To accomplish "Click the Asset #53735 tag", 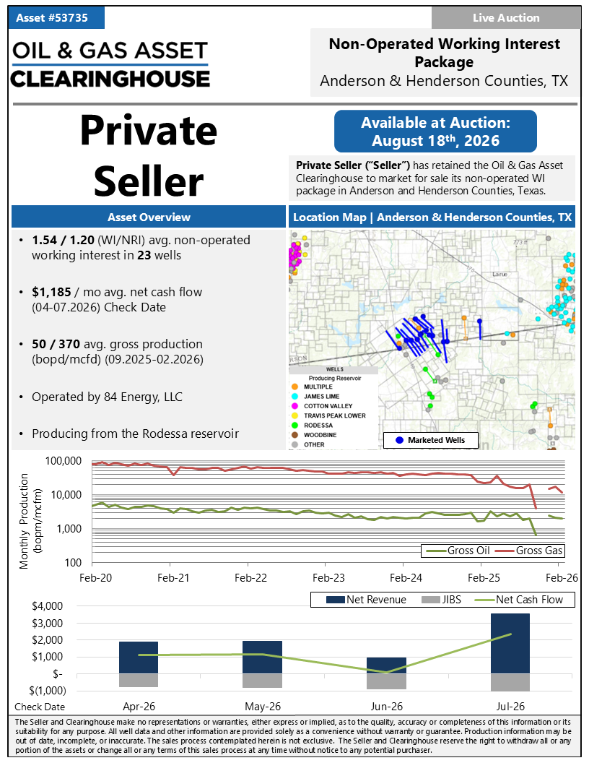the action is (56, 18).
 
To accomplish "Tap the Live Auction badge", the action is (506, 18).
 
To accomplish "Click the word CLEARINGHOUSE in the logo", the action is (110, 79).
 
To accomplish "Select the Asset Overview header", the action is (149, 217).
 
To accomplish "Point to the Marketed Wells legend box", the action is (431, 440).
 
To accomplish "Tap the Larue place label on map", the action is (499, 275).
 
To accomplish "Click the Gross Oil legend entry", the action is (458, 551).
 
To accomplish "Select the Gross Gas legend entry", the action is (529, 551).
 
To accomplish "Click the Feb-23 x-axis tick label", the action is (328, 578).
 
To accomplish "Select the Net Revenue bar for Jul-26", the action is (510, 644).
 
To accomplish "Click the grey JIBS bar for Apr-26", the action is (139, 681).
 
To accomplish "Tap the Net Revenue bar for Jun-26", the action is (386, 665).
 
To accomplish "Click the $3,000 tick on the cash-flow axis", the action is (47, 624).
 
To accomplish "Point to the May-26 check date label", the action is (263, 707).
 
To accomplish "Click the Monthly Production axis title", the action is (30, 521).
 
